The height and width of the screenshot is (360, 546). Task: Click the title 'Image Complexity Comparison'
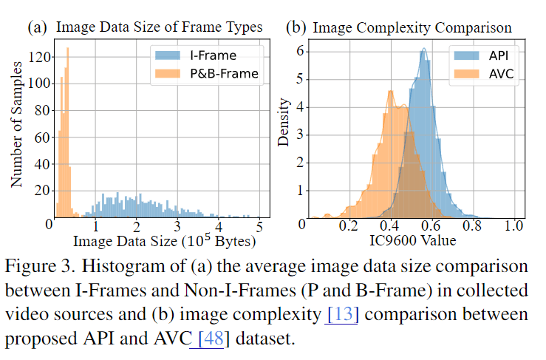412,28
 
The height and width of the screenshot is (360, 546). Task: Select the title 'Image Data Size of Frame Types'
159,28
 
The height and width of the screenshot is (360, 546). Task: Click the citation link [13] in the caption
342,314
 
